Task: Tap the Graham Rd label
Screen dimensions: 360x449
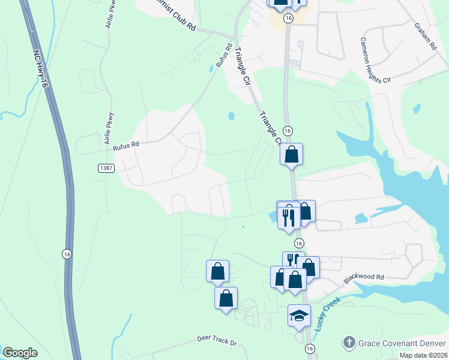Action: coord(424,35)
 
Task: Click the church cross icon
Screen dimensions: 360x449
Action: coord(348,343)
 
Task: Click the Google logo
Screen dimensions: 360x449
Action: coord(20,353)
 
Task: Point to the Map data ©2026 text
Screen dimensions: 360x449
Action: coord(423,355)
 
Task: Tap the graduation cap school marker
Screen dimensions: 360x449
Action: coord(299,315)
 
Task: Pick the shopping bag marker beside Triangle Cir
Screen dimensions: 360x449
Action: coord(291,154)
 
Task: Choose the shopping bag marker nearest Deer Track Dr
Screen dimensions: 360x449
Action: coord(226,298)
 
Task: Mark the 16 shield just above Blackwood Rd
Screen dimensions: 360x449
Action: coord(298,243)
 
